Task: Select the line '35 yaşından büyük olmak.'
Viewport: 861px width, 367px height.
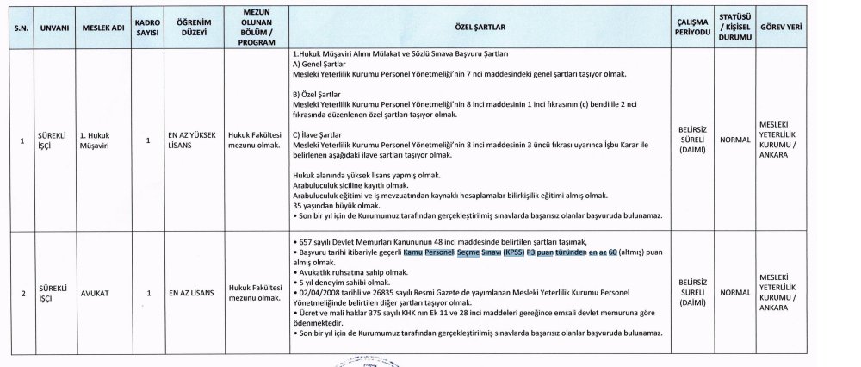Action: coord(337,206)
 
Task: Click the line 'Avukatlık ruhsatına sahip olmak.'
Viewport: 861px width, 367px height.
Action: coord(350,271)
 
